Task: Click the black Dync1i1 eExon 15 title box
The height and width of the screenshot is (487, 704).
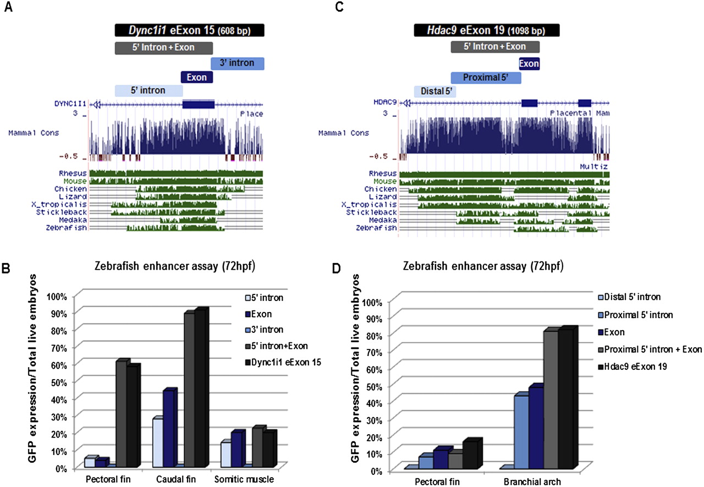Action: tap(190, 30)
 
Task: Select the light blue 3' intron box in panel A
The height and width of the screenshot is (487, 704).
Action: tap(238, 63)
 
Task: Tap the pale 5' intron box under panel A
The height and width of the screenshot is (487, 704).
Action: tap(148, 90)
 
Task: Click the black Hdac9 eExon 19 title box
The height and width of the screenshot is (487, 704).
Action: tap(486, 30)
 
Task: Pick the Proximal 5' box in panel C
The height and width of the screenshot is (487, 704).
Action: tap(485, 78)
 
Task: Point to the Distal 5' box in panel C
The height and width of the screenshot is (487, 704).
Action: tap(435, 91)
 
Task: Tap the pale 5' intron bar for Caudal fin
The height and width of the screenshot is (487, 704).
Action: tap(157, 442)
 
